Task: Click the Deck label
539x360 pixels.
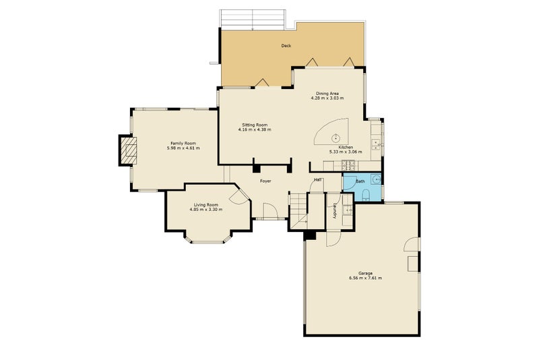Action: (x=286, y=45)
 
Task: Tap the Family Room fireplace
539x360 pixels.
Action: (x=129, y=150)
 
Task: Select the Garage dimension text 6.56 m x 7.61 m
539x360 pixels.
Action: (x=365, y=278)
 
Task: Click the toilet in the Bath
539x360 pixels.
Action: (x=366, y=194)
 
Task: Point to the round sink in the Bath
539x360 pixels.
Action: (x=377, y=179)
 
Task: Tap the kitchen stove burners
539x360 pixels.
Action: (x=349, y=167)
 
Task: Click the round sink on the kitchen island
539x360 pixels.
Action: (x=335, y=138)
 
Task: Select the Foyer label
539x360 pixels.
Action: (x=265, y=181)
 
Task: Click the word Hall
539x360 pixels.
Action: (x=317, y=179)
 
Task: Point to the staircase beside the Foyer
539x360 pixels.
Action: (x=298, y=210)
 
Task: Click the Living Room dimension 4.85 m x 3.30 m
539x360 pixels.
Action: (x=206, y=210)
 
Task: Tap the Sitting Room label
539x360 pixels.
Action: (x=255, y=125)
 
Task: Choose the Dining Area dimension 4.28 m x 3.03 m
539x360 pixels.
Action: (x=327, y=98)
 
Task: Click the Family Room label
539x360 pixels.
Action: (x=183, y=144)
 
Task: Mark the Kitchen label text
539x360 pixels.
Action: (x=346, y=147)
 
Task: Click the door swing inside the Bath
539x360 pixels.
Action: (x=349, y=182)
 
